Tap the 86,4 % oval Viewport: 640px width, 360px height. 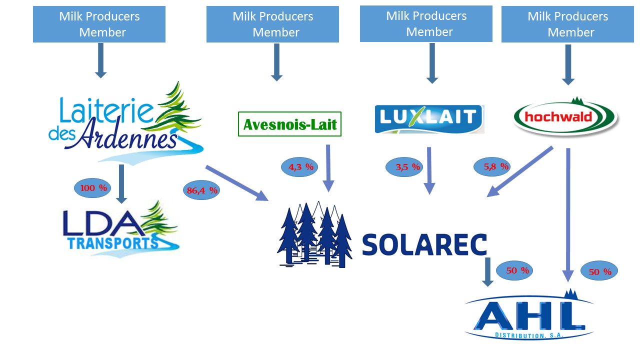(202, 190)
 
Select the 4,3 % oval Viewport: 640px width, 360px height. (301, 167)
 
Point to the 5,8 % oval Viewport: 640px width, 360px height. (492, 166)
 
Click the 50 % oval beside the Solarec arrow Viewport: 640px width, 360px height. (514, 270)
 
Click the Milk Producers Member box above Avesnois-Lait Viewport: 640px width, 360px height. (272, 24)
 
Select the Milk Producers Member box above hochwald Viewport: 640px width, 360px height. (567, 24)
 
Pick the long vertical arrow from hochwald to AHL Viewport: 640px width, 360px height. (567, 215)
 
